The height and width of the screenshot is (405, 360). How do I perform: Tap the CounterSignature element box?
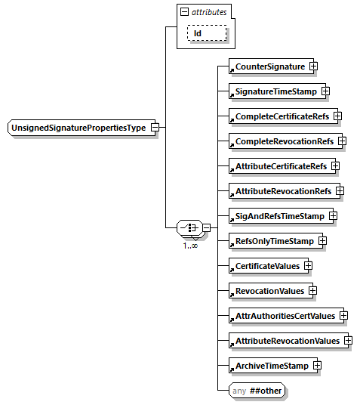pyautogui.click(x=269, y=67)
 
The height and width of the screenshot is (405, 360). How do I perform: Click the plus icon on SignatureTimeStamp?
pyautogui.click(x=325, y=91)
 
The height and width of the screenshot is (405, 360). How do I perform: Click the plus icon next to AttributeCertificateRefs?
pyautogui.click(x=335, y=166)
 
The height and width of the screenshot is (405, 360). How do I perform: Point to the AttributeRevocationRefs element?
pyautogui.click(x=282, y=191)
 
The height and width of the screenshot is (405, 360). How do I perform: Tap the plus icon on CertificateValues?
pyautogui.click(x=308, y=266)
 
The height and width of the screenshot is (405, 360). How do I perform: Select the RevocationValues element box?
pyautogui.click(x=269, y=291)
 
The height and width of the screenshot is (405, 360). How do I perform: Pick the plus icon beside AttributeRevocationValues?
pyautogui.click(x=348, y=341)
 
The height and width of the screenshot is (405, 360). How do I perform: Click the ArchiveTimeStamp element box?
pyautogui.click(x=271, y=366)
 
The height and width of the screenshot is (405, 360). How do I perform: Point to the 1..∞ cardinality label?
pyautogui.click(x=190, y=246)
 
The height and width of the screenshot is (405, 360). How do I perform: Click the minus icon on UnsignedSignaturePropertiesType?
pyautogui.click(x=155, y=128)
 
